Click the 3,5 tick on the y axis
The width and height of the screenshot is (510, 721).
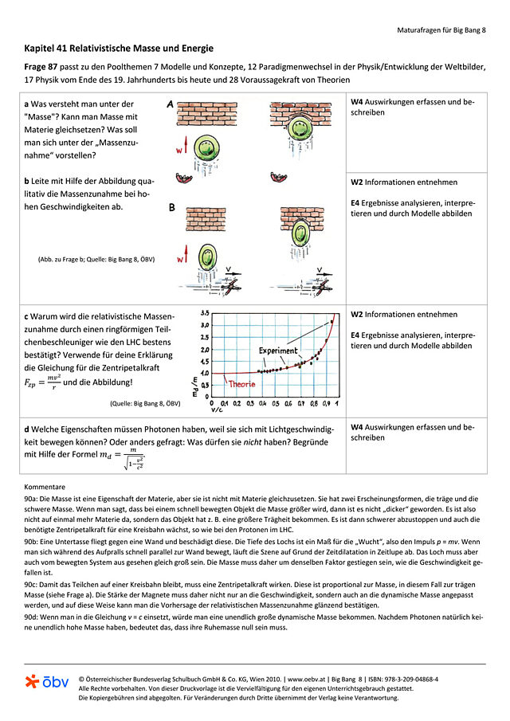204,313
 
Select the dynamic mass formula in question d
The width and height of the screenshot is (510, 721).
122,459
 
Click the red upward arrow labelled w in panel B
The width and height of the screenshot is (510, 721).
189,257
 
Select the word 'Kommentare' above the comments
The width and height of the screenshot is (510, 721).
44,485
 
